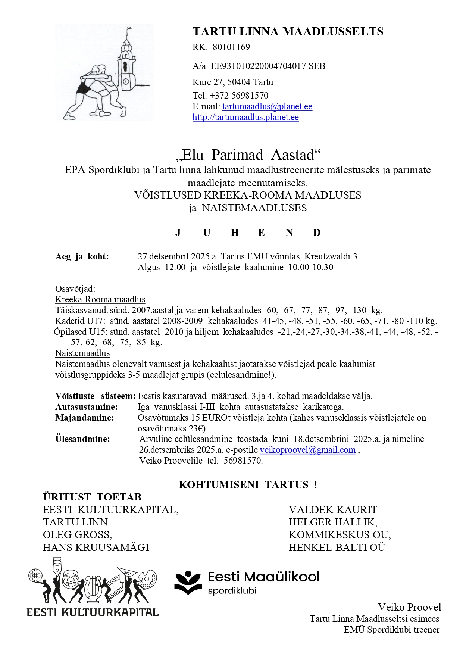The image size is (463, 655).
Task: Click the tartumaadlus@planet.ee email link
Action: point(267,106)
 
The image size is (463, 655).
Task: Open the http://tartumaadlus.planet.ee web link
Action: point(245,117)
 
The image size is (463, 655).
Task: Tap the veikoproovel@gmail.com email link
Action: point(307,450)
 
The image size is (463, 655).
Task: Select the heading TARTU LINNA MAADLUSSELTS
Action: point(288,32)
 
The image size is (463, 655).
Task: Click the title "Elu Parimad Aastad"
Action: point(248,155)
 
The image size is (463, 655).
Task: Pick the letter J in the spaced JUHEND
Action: point(178,233)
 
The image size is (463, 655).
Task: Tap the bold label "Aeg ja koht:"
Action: point(82,256)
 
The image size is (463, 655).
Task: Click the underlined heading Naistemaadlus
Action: point(82,353)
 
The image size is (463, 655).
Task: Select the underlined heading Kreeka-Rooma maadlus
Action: point(100,299)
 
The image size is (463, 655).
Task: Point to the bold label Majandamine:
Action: point(85,418)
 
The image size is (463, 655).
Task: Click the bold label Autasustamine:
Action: point(87,407)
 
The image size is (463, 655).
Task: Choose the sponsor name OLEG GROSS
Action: point(77,535)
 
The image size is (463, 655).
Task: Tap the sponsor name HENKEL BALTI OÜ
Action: point(337,548)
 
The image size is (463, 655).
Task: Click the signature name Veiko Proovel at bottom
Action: point(409,607)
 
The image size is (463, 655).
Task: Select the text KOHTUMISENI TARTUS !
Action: point(248,485)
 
